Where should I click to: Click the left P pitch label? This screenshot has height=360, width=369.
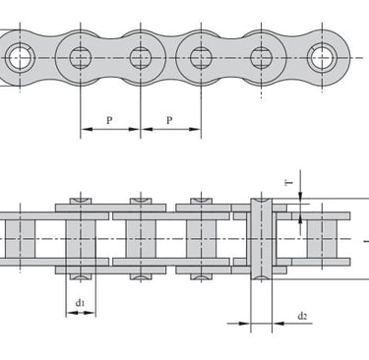[109, 120]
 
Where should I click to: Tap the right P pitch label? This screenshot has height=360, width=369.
[169, 120]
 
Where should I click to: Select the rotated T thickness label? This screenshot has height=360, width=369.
[289, 183]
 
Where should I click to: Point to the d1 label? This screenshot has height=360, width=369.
[80, 303]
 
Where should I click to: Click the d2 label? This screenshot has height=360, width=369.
[302, 316]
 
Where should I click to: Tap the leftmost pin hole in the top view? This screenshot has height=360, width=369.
[21, 58]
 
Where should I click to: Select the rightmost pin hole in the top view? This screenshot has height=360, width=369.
[322, 58]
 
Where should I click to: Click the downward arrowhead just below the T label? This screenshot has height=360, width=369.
[300, 196]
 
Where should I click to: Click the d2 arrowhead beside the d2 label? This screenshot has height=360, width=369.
[277, 324]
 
